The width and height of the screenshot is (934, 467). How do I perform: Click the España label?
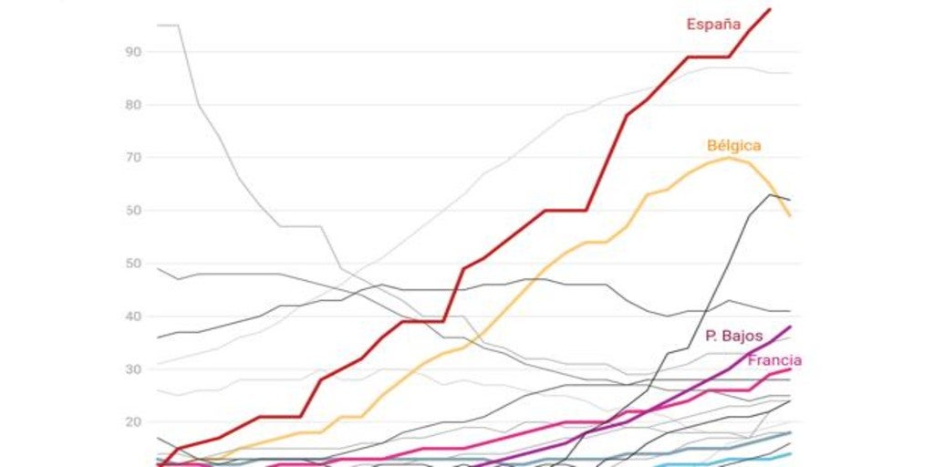[x=713, y=24]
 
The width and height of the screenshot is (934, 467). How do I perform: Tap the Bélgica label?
[x=733, y=145]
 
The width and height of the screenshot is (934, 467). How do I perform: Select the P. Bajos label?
[x=734, y=336]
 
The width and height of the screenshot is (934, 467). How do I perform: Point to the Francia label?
[x=774, y=360]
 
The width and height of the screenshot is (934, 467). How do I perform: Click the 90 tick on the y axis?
[x=133, y=52]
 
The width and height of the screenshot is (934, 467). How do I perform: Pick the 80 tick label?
[x=133, y=105]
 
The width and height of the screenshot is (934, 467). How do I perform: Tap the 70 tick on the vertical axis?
[x=133, y=158]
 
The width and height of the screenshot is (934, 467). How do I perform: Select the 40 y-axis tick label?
[x=133, y=317]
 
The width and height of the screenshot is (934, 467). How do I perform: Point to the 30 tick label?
[x=133, y=369]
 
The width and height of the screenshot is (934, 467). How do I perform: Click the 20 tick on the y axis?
[x=133, y=422]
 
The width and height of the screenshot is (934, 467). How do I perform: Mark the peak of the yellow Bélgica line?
[x=728, y=157]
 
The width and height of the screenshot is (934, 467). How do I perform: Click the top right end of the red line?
[x=770, y=9]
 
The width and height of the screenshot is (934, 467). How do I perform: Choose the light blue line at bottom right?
[x=730, y=462]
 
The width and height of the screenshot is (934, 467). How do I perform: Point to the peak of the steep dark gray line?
[x=770, y=194]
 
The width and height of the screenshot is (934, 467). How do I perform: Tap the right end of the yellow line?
[x=790, y=216]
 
